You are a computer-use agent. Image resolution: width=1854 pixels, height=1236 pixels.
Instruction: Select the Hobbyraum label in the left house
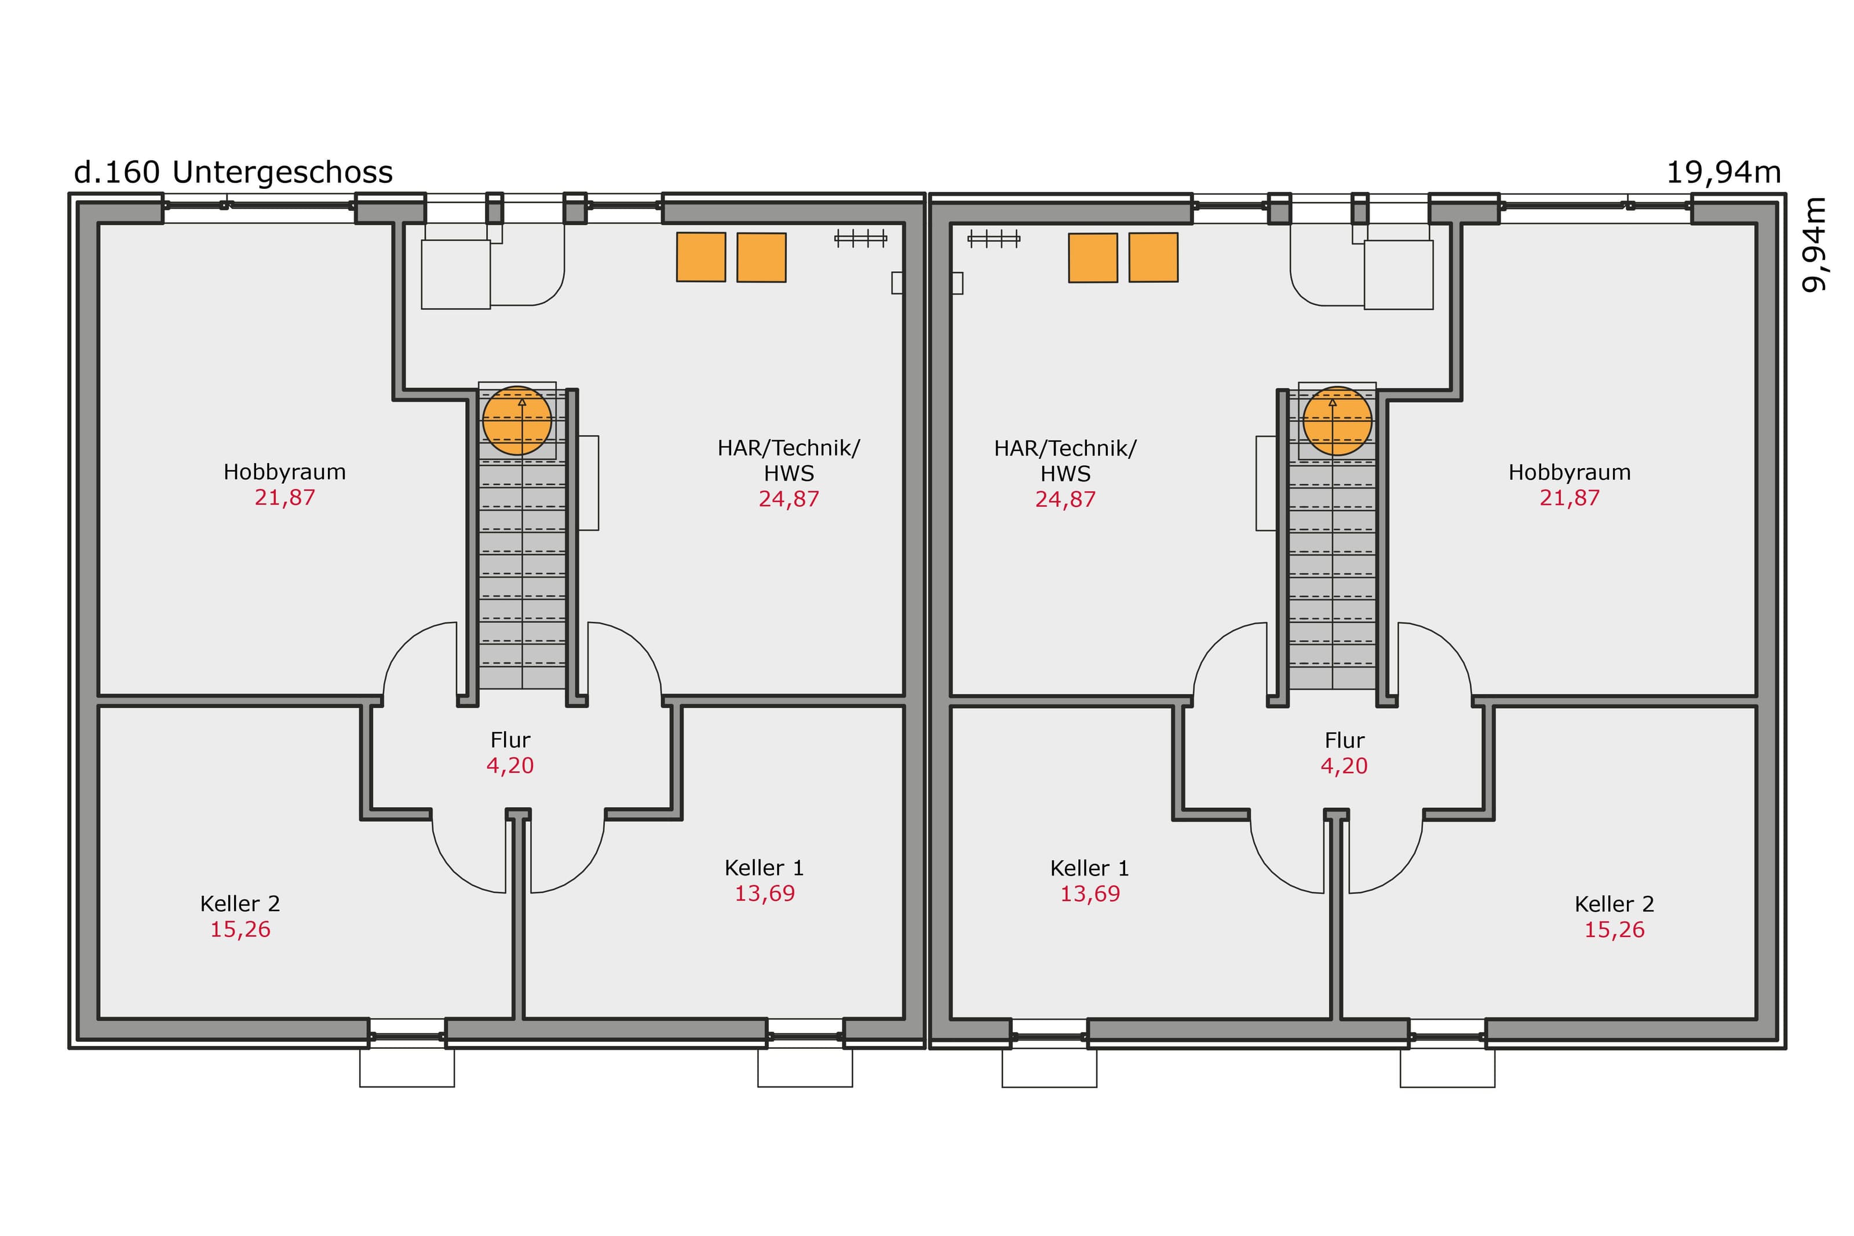point(284,472)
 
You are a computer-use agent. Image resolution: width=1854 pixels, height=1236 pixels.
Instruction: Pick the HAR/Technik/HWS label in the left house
point(789,460)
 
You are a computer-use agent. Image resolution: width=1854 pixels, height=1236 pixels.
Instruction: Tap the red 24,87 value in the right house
point(1065,499)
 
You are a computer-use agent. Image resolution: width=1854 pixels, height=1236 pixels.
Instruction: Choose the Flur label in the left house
point(510,740)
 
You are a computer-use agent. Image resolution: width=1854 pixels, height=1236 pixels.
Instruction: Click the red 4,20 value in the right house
point(1344,766)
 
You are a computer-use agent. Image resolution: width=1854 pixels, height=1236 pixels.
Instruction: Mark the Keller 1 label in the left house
point(764,868)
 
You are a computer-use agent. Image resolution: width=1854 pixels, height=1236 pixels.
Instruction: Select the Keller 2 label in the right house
point(1615,904)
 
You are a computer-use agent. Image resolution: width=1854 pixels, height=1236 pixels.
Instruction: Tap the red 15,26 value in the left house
point(240,929)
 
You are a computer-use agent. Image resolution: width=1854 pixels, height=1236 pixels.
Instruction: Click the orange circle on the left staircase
point(517,420)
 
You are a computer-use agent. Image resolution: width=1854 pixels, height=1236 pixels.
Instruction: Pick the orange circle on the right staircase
point(1337,420)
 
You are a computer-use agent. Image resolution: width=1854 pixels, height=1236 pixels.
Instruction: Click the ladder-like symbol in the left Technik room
point(860,238)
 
